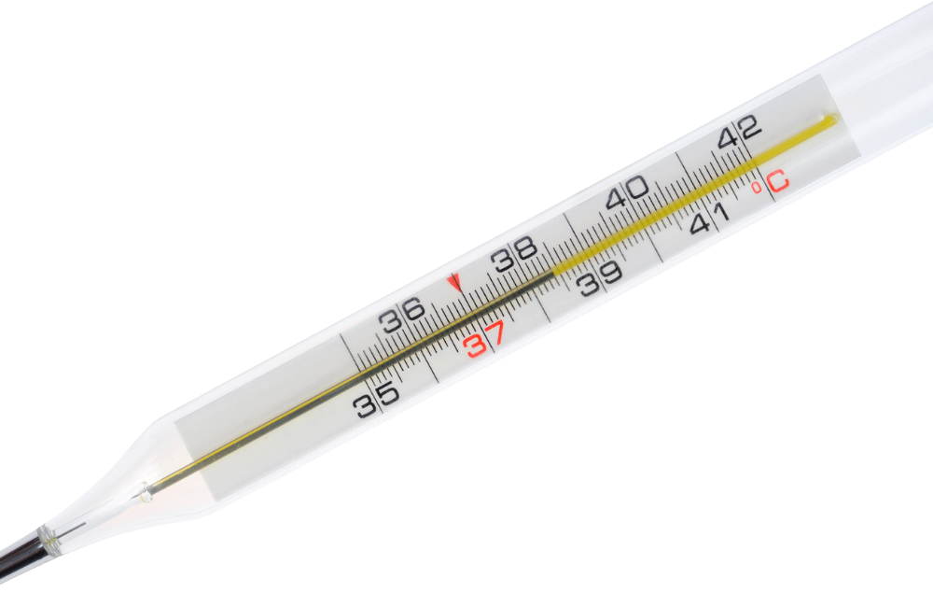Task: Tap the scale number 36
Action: (403, 315)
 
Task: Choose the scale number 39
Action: (600, 277)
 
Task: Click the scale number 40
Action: (627, 191)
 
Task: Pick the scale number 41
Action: (710, 219)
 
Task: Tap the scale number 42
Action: (739, 132)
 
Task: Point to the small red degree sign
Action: (757, 189)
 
